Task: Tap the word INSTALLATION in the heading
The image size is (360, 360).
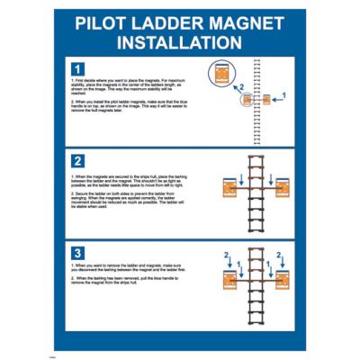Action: click(x=180, y=42)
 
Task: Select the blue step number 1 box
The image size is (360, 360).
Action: click(x=77, y=68)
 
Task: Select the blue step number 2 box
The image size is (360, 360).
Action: click(x=77, y=160)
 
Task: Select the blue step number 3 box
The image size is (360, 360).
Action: click(x=77, y=252)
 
